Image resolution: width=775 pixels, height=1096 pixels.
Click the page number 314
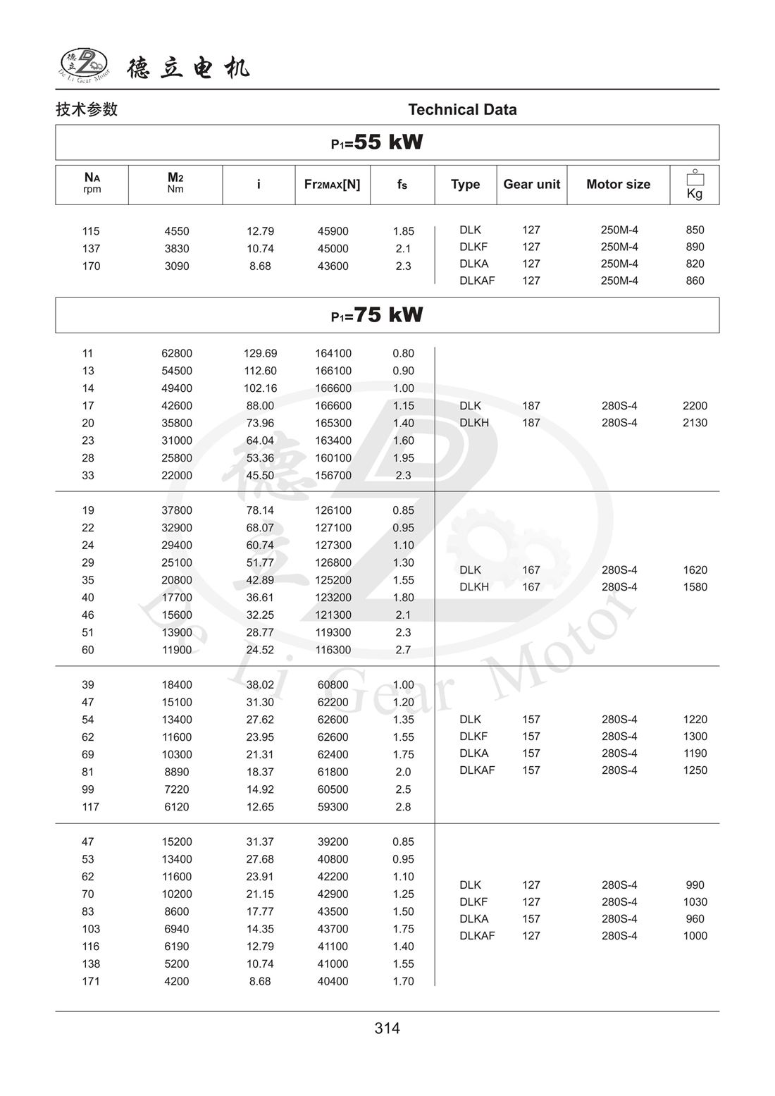tap(387, 1028)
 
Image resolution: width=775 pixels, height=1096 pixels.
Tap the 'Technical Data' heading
tap(462, 109)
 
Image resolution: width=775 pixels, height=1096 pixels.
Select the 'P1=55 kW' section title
tap(377, 142)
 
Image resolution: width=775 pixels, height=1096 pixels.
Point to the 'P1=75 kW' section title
tap(377, 314)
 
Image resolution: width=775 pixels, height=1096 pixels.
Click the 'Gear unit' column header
tap(531, 184)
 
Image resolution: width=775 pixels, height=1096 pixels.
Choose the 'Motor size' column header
tap(618, 184)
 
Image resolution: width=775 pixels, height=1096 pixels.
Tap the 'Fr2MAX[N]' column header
tap(332, 184)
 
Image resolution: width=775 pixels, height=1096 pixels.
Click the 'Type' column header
tap(465, 184)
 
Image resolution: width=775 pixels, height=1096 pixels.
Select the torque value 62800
tap(177, 353)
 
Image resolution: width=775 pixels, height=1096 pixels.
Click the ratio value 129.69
tap(260, 353)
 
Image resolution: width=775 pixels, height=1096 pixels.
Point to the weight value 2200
tap(695, 406)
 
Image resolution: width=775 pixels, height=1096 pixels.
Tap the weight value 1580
tap(695, 587)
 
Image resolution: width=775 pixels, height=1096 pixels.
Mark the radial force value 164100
tap(333, 353)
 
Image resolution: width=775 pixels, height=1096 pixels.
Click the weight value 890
tap(695, 247)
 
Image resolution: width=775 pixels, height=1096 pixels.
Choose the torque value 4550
tap(177, 231)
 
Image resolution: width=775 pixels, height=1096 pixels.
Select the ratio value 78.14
tap(260, 510)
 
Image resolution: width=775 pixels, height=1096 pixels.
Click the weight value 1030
tap(695, 902)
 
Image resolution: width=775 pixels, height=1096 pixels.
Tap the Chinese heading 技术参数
tap(87, 109)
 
